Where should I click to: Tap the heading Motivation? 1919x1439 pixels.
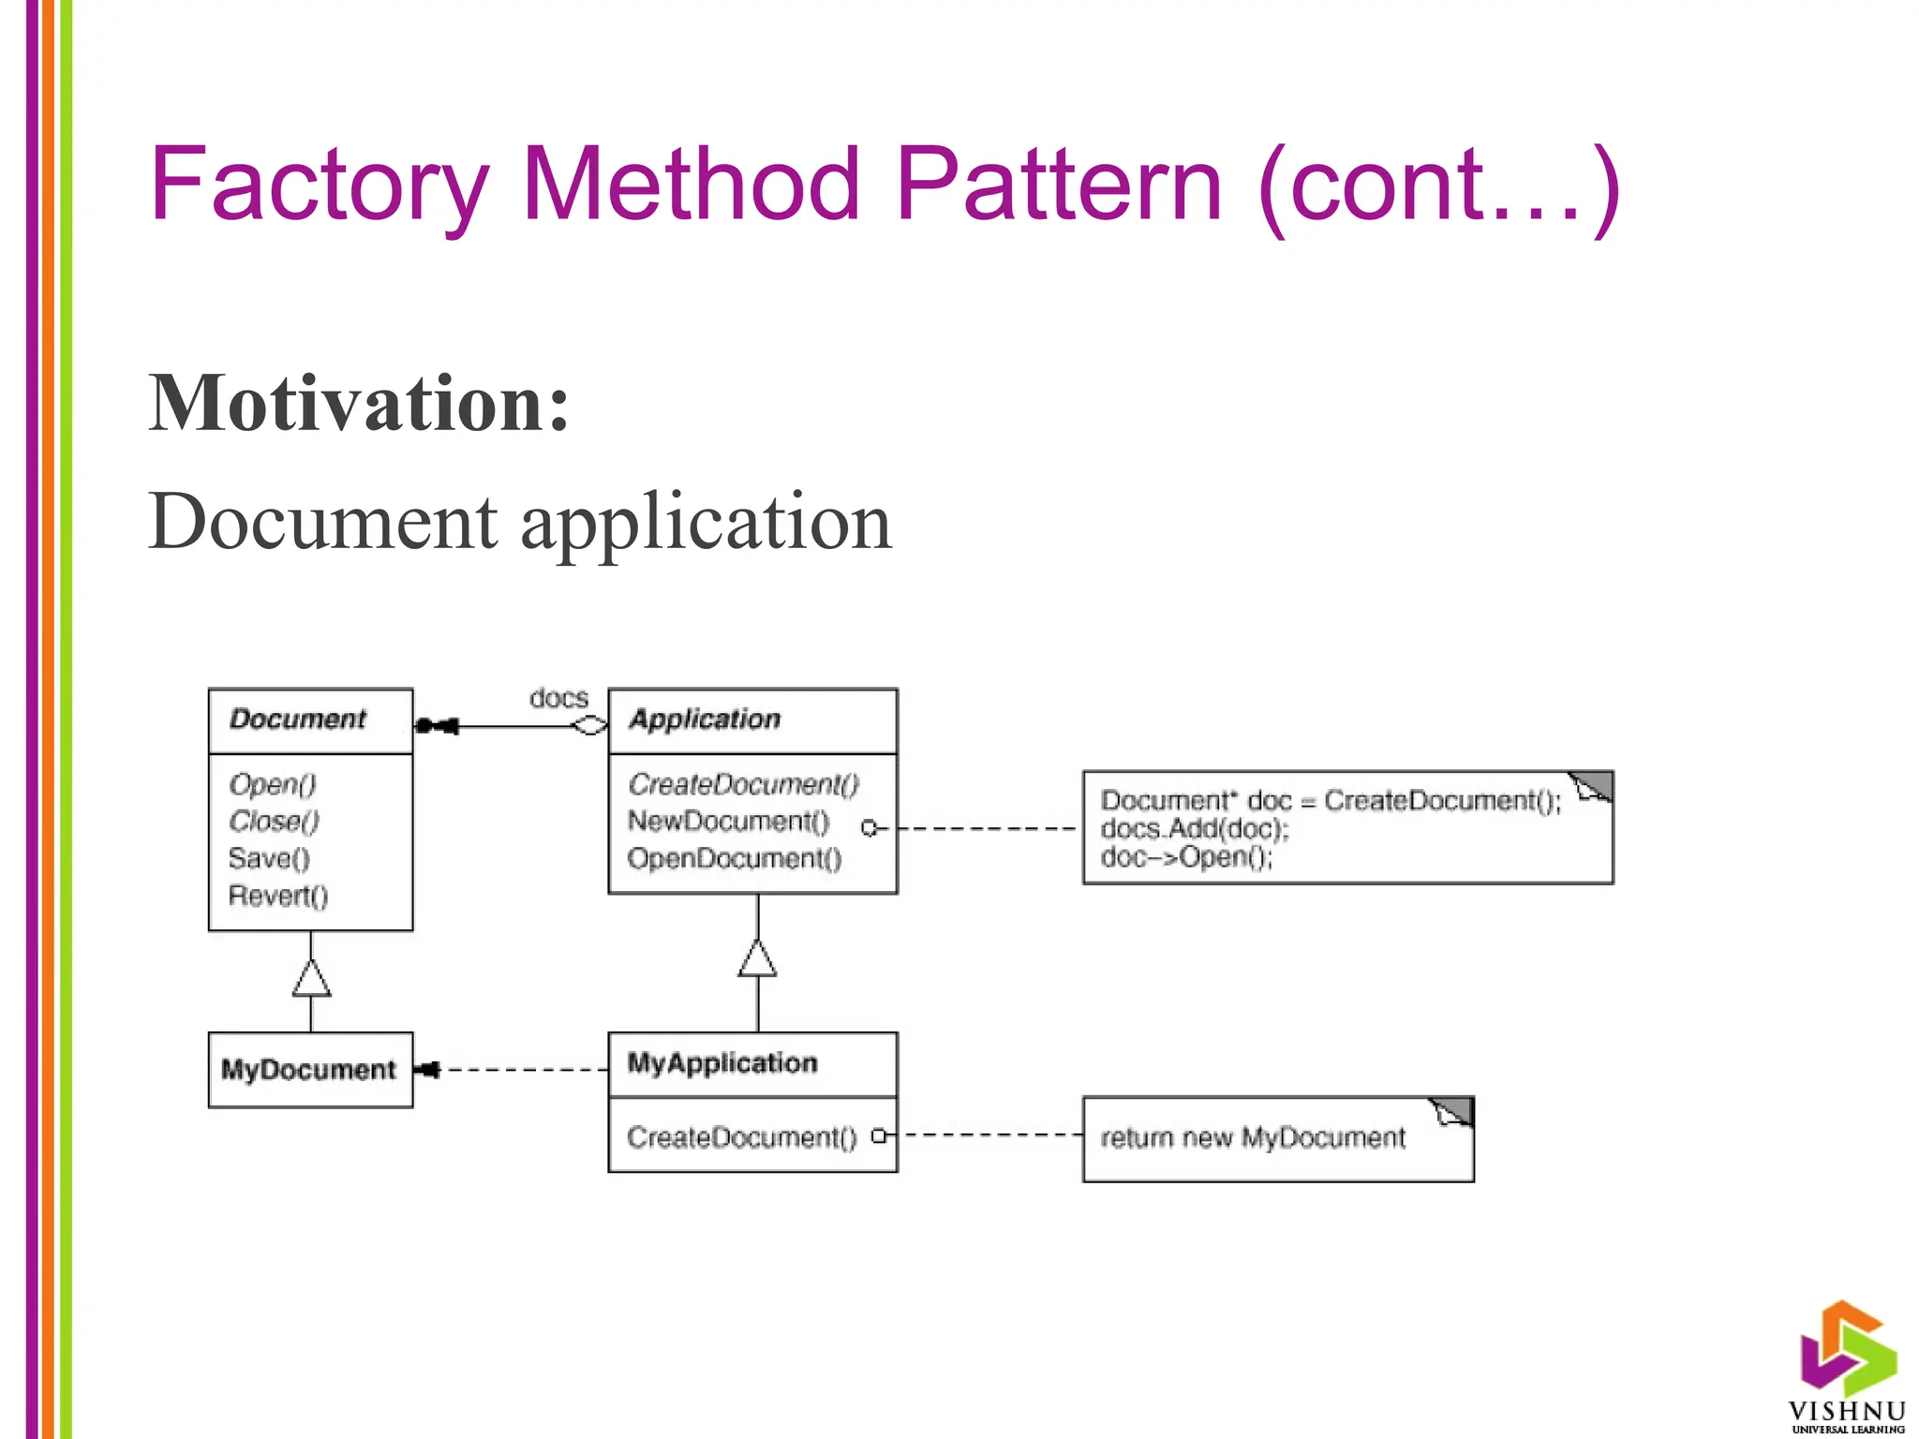pyautogui.click(x=359, y=404)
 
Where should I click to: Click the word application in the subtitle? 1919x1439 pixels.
pyautogui.click(x=706, y=522)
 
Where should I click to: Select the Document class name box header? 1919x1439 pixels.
pyautogui.click(x=309, y=719)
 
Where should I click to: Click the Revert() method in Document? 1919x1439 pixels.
pyautogui.click(x=278, y=897)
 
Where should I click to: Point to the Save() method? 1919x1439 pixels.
pyautogui.click(x=269, y=859)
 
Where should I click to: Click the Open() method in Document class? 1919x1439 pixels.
pyautogui.click(x=273, y=784)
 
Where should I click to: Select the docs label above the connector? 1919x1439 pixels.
pyautogui.click(x=558, y=698)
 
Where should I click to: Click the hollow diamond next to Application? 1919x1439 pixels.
pyautogui.click(x=589, y=726)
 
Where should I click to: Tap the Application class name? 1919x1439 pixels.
pyautogui.click(x=705, y=719)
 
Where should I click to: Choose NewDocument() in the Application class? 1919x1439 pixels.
pyautogui.click(x=728, y=822)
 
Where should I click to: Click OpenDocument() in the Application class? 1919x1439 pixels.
pyautogui.click(x=734, y=859)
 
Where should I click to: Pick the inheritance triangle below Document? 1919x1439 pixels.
pyautogui.click(x=311, y=979)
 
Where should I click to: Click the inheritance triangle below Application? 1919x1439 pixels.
pyautogui.click(x=757, y=959)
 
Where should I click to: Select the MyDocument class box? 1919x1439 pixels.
pyautogui.click(x=309, y=1070)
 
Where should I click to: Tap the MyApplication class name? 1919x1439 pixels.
pyautogui.click(x=721, y=1063)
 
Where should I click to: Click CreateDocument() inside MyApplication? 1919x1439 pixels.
pyautogui.click(x=741, y=1137)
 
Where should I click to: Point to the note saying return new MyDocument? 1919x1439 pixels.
pyautogui.click(x=1253, y=1138)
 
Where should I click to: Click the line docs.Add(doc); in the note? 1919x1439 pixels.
pyautogui.click(x=1195, y=829)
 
